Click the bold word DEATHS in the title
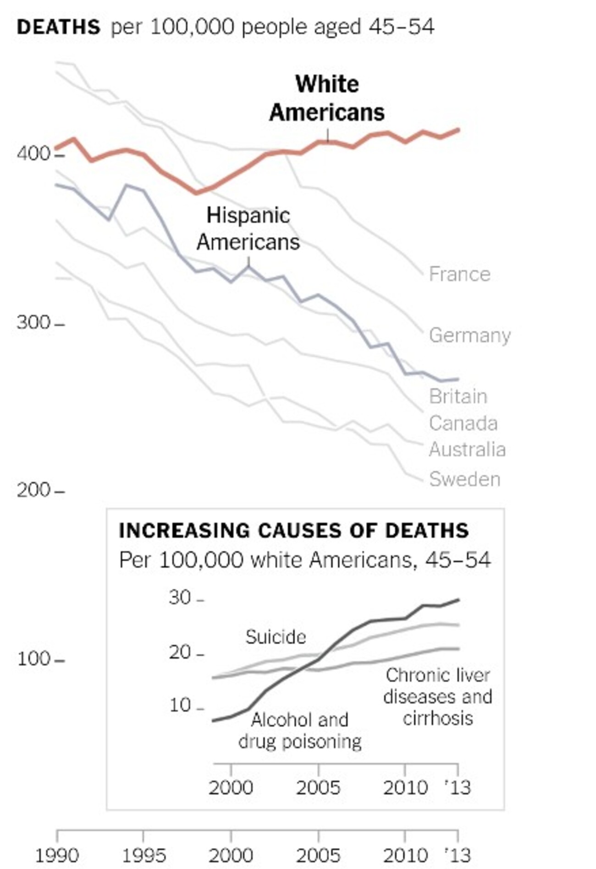(58, 28)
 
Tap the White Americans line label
(326, 99)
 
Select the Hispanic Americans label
(248, 229)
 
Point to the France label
(459, 274)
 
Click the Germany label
(469, 335)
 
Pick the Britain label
(458, 397)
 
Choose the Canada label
(463, 423)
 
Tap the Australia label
(467, 450)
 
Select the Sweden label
(464, 479)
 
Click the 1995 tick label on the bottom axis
(144, 855)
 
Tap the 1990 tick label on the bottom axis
(57, 855)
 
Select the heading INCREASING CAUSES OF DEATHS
(293, 531)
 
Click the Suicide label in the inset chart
(276, 637)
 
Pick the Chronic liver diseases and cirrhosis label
(438, 697)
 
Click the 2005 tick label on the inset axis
(318, 787)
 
